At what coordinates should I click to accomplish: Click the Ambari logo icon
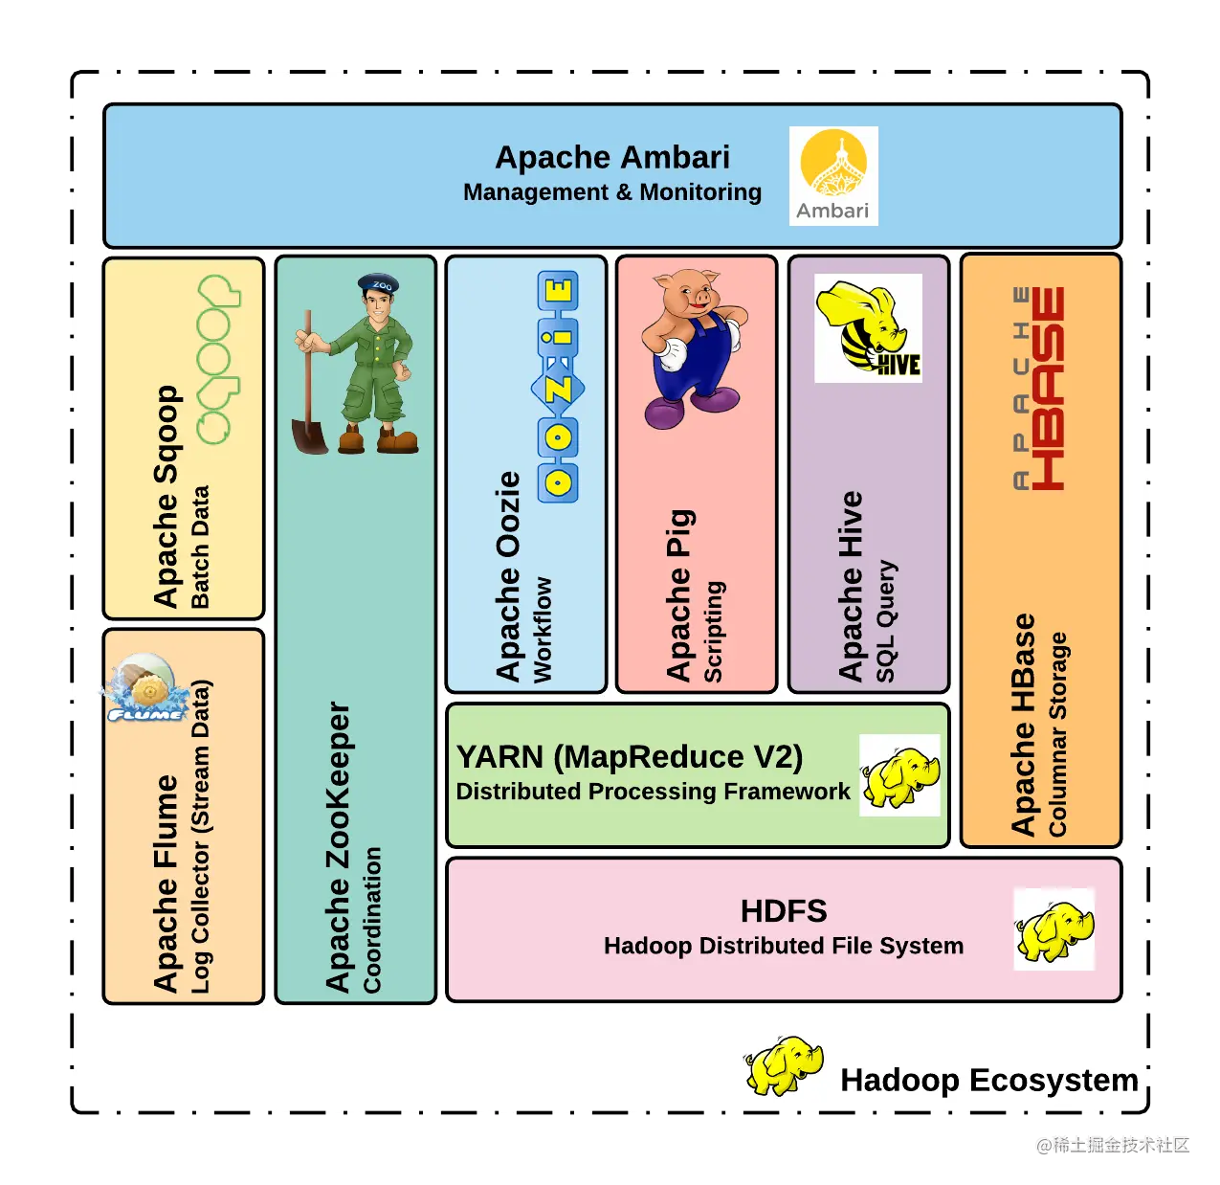[832, 176]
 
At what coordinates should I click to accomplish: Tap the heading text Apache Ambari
[612, 157]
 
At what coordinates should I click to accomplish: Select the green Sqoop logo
[218, 360]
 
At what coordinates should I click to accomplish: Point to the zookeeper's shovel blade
[310, 435]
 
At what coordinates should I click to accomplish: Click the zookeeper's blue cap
[378, 284]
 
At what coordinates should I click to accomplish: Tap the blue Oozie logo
[558, 387]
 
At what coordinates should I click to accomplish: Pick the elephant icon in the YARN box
[899, 775]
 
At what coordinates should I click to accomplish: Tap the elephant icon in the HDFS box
[1054, 929]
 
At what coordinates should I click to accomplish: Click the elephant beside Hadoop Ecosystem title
[784, 1064]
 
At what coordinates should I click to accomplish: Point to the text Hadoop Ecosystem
[989, 1080]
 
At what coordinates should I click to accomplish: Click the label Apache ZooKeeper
[338, 847]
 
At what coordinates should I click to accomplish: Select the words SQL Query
[886, 621]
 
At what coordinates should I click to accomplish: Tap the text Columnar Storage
[1057, 734]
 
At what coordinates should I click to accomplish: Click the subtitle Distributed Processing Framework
[653, 792]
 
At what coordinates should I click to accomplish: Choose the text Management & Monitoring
[612, 192]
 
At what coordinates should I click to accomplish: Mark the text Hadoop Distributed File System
[784, 946]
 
